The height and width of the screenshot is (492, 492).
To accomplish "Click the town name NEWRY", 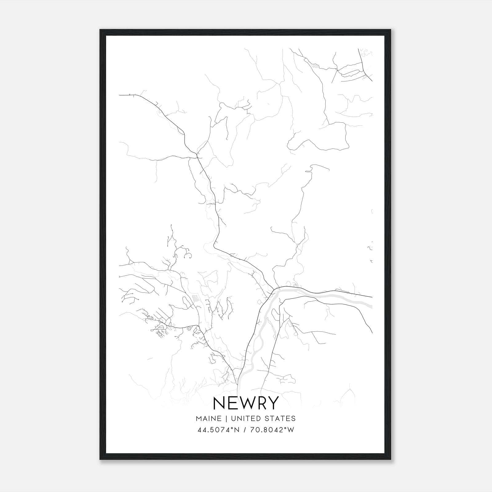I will pyautogui.click(x=246, y=403).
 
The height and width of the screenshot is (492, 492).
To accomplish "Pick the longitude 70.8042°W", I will pyautogui.click(x=272, y=430).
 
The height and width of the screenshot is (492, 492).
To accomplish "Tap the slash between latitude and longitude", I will pyautogui.click(x=245, y=430).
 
